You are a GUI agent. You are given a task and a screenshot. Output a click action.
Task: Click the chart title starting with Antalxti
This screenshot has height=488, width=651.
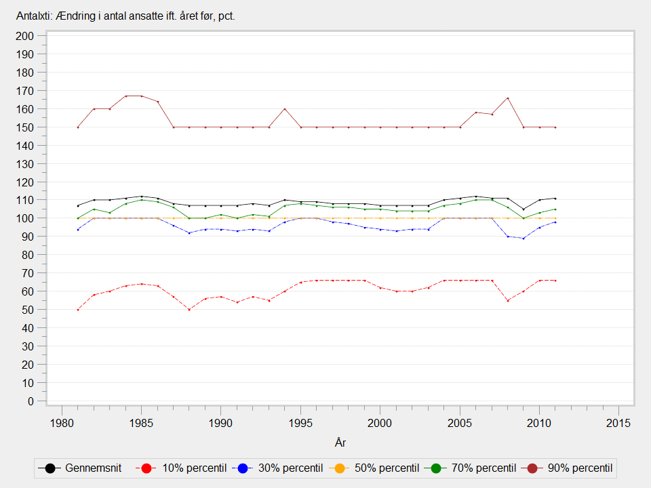(x=126, y=16)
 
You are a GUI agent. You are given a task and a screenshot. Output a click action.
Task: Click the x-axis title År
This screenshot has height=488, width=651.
(x=340, y=443)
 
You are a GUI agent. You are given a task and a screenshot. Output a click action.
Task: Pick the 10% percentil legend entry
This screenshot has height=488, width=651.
(x=180, y=468)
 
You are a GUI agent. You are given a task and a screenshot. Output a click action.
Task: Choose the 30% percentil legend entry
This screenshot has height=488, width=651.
(x=277, y=468)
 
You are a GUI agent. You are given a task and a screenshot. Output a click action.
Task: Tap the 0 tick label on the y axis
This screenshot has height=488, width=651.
(x=31, y=401)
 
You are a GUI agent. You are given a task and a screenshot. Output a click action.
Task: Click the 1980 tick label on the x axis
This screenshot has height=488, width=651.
(x=62, y=423)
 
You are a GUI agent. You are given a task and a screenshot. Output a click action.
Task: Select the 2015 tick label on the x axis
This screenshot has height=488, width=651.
(x=618, y=423)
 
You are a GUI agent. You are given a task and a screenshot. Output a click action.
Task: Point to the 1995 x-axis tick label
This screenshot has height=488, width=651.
(x=300, y=423)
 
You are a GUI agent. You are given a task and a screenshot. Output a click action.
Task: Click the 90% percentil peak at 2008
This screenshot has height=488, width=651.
(x=507, y=98)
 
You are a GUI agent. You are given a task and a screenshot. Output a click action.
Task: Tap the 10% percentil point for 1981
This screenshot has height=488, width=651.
(x=78, y=310)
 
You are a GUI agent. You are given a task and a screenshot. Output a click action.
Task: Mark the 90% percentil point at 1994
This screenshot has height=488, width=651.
(x=285, y=109)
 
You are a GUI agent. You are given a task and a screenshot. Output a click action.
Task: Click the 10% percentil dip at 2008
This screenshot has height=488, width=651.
(x=507, y=300)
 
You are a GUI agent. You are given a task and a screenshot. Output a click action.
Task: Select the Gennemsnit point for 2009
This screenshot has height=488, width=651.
(x=524, y=209)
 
